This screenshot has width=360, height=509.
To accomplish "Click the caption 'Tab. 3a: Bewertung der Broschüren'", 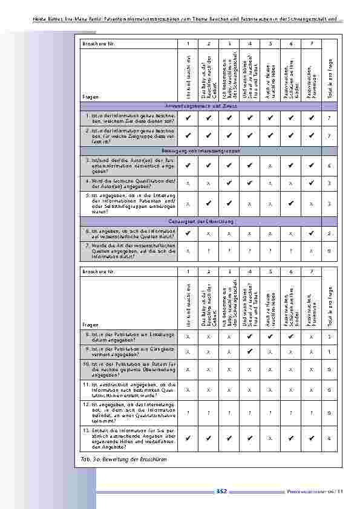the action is pyautogui.click(x=123, y=459).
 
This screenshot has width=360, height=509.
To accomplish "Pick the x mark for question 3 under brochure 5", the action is pyautogui.click(x=270, y=164).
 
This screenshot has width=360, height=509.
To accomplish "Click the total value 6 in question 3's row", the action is pyautogui.click(x=329, y=164).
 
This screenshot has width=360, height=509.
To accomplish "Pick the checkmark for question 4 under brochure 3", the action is pyautogui.click(x=229, y=182).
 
